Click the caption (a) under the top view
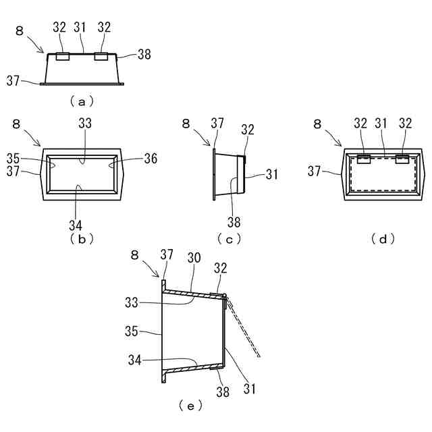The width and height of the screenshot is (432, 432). (x=82, y=102)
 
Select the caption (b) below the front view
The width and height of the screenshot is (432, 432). (x=80, y=238)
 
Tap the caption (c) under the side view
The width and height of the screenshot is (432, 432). (x=230, y=238)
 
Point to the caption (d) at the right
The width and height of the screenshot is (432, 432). (x=383, y=238)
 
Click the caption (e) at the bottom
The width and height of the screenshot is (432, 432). (x=190, y=406)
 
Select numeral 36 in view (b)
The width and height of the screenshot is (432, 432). (x=150, y=159)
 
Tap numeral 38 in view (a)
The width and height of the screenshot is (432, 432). (x=144, y=55)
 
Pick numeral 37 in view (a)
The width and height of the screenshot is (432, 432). (x=13, y=80)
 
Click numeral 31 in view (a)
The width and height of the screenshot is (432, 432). (x=80, y=28)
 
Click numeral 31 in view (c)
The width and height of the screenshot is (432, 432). (x=272, y=174)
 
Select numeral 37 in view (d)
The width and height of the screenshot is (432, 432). (x=315, y=171)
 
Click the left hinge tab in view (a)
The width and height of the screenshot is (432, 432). (x=61, y=57)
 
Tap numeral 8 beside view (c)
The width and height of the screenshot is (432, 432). (x=185, y=123)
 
